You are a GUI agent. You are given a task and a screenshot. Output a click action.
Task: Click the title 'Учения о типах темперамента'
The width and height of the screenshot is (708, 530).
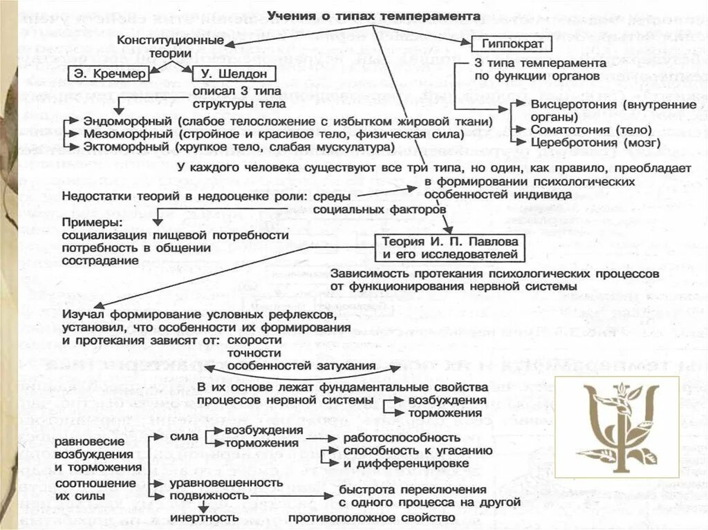click(x=375, y=15)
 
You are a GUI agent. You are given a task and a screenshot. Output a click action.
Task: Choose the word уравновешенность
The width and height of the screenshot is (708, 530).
click(x=217, y=482)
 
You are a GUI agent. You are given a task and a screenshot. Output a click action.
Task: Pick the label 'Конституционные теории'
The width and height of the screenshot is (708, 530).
click(x=170, y=47)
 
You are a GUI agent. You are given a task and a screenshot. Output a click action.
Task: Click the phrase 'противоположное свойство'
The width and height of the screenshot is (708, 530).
click(x=372, y=517)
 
